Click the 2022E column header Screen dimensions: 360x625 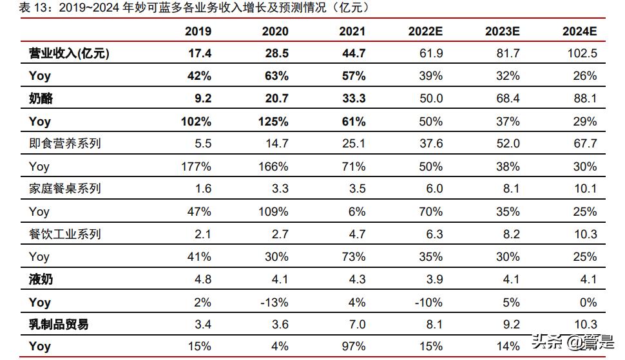(x=425, y=31)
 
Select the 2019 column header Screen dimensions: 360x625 (x=198, y=31)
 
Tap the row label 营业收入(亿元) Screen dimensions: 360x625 (x=69, y=53)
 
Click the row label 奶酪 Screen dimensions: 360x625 (x=41, y=99)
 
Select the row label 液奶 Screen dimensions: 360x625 (x=41, y=279)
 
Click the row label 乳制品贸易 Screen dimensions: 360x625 (x=59, y=325)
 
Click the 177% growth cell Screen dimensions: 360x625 (x=197, y=167)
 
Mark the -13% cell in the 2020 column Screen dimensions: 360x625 (x=274, y=302)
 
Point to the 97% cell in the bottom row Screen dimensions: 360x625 (x=353, y=347)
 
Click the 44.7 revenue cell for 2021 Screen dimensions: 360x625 (x=352, y=53)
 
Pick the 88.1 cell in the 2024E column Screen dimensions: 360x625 (x=584, y=99)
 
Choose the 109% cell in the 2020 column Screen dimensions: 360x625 (x=274, y=212)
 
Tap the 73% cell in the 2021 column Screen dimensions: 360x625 (x=353, y=257)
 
